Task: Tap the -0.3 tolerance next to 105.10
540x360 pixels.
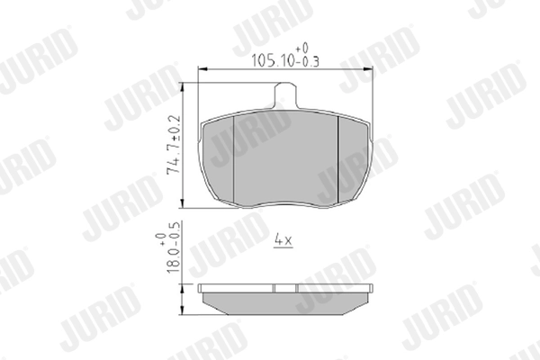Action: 308,62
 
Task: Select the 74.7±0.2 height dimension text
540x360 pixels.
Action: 174,145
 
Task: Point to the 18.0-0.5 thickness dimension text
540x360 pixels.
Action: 173,247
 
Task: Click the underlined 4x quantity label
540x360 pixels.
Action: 283,240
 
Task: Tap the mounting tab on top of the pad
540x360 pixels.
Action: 285,95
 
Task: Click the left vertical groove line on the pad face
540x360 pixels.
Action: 234,159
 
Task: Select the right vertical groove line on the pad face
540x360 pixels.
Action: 338,159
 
